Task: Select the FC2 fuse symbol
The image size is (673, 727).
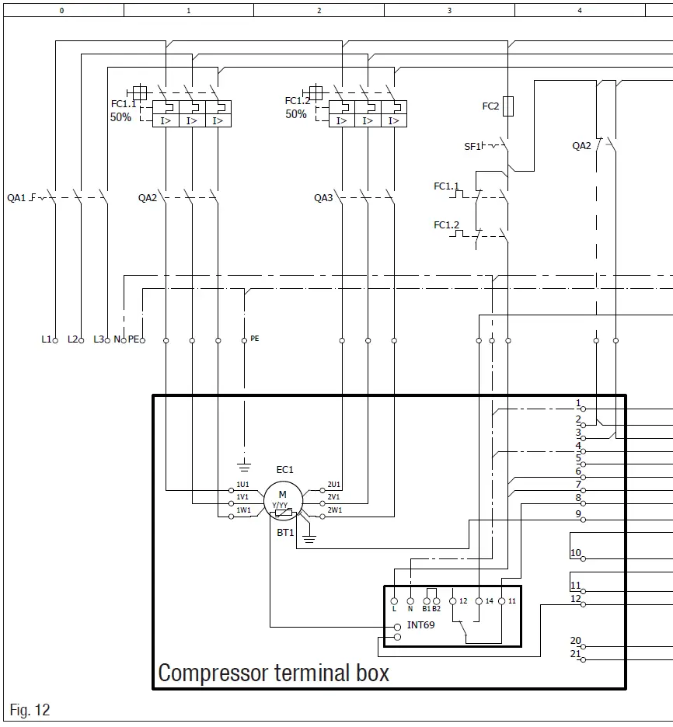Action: (x=508, y=106)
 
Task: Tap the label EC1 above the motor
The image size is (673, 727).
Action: (x=284, y=469)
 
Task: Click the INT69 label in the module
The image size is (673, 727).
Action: (x=420, y=624)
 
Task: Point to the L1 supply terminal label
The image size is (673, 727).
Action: (x=46, y=339)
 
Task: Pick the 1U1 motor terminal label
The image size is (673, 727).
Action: (x=243, y=485)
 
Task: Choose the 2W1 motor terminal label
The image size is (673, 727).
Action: (x=334, y=510)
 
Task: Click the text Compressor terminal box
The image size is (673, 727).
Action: (x=274, y=673)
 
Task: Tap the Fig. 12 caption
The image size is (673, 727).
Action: (x=30, y=710)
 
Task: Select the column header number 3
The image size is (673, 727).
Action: (x=449, y=10)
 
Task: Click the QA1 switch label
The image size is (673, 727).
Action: (x=16, y=198)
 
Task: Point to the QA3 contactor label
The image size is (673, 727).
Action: (x=323, y=198)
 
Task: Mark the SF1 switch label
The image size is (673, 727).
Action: (x=472, y=146)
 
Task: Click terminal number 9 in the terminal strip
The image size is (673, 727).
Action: (x=578, y=513)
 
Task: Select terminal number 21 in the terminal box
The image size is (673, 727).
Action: (x=575, y=654)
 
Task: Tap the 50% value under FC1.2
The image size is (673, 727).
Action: (x=296, y=114)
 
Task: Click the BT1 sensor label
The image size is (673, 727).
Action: (x=285, y=533)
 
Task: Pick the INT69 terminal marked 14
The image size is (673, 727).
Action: (x=489, y=601)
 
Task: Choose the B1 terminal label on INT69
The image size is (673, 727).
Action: (x=426, y=609)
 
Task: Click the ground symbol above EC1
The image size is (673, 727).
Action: (x=244, y=465)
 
